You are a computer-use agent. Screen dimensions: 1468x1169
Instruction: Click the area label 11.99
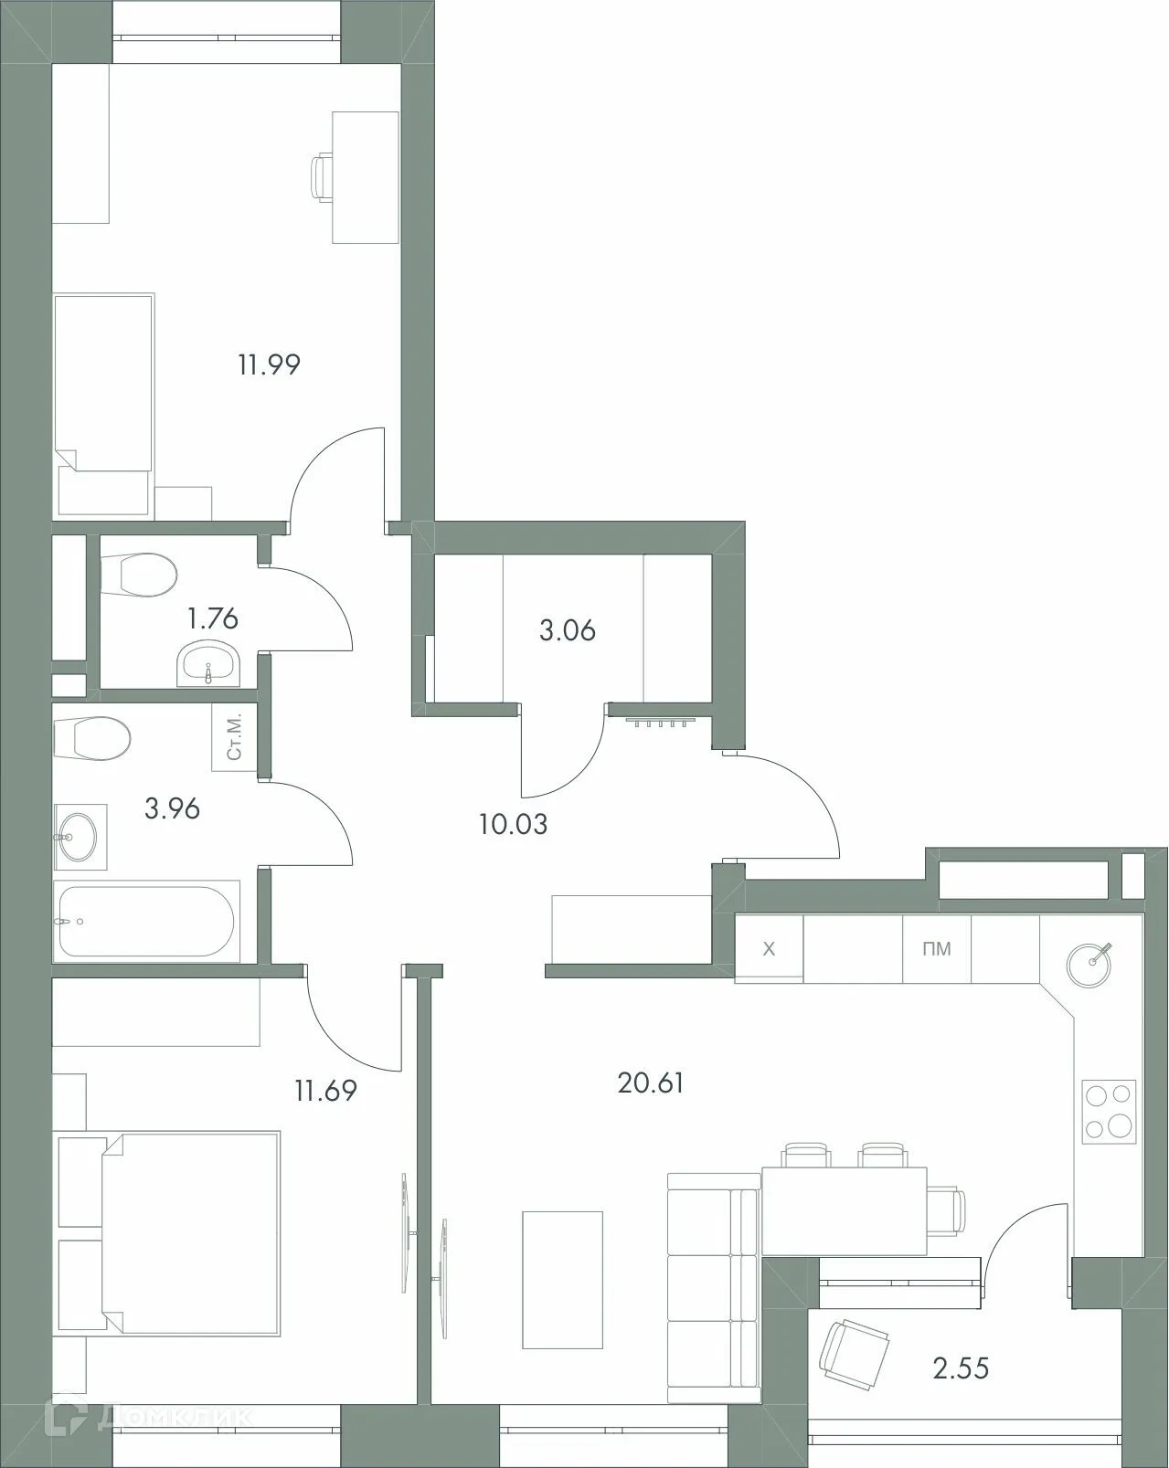(270, 365)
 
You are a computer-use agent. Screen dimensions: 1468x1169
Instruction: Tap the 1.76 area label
(212, 619)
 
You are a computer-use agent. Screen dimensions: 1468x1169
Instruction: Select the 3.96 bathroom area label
(172, 808)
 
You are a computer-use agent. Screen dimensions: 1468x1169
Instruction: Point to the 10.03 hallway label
(513, 825)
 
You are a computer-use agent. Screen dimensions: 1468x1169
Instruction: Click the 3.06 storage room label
(568, 630)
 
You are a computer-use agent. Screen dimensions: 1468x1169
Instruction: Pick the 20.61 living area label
(651, 1083)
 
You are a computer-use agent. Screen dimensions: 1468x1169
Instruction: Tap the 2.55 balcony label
(962, 1368)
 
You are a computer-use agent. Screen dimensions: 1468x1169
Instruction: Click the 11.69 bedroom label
(325, 1090)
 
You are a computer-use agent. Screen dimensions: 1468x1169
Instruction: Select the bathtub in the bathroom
(146, 921)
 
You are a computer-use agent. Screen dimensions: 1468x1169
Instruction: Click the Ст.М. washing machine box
(235, 738)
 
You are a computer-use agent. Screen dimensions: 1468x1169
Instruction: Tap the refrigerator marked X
(770, 949)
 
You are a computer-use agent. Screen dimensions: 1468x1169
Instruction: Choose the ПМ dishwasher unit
(937, 949)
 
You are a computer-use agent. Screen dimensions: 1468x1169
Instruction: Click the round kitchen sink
(1089, 964)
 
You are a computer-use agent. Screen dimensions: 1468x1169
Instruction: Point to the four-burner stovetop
(1109, 1111)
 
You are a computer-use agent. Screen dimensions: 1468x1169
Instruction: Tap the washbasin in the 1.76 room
(209, 663)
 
